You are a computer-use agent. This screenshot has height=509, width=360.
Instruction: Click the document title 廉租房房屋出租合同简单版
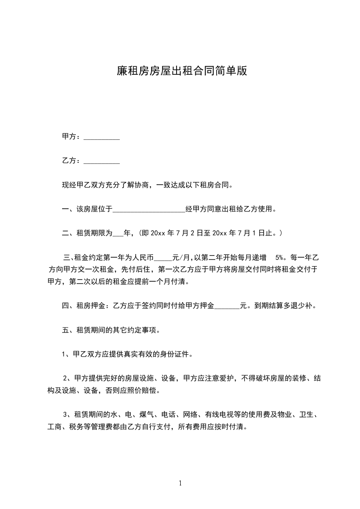(180, 71)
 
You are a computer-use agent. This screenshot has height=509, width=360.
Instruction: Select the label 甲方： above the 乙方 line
(71, 137)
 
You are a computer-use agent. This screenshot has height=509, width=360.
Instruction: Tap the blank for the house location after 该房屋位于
(149, 210)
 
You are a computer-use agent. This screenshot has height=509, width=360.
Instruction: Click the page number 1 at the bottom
(180, 484)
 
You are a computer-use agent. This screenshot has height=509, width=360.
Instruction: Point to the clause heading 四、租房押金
(85, 305)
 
